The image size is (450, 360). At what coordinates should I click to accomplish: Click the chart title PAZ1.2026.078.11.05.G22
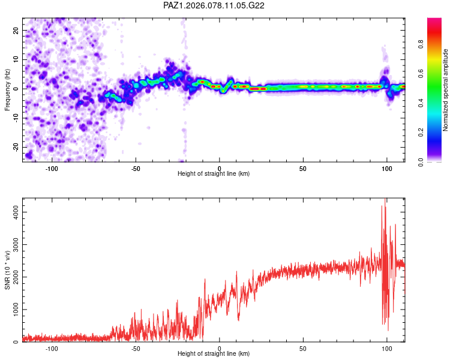click(x=214, y=5)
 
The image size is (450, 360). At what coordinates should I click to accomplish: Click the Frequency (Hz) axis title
click(x=8, y=90)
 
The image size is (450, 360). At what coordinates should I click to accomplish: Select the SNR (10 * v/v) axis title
click(x=8, y=270)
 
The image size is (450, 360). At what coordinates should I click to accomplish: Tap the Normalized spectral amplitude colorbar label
click(x=446, y=90)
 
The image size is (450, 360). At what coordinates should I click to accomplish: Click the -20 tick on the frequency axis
click(x=16, y=147)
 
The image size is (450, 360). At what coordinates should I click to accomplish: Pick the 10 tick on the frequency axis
click(x=16, y=59)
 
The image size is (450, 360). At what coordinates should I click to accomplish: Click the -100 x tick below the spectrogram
click(x=52, y=167)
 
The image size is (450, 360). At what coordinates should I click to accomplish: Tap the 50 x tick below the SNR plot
click(x=304, y=347)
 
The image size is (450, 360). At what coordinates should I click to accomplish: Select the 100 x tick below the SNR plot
click(x=387, y=347)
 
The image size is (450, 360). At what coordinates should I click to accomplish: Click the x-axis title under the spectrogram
click(x=214, y=174)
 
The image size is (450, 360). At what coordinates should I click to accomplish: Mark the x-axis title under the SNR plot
click(x=214, y=354)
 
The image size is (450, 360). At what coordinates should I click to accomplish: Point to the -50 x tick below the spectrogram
click(x=136, y=167)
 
